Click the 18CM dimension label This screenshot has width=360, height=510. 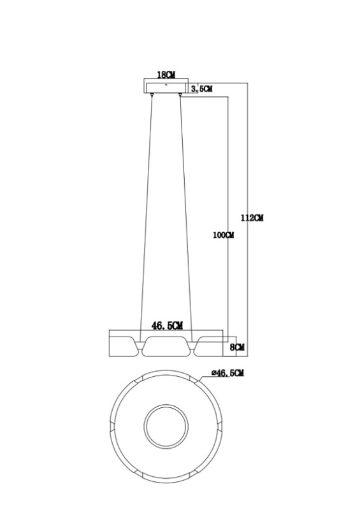[x=166, y=75]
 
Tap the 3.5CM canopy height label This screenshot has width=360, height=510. [x=201, y=89]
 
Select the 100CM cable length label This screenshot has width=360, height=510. [x=224, y=235]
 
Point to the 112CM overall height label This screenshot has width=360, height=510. [x=252, y=218]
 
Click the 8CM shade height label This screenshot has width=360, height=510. [x=237, y=347]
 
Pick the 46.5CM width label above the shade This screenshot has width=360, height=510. [x=167, y=326]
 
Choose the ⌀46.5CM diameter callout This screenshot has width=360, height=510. [x=227, y=373]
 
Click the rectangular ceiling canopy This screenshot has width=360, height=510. [x=166, y=88]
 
